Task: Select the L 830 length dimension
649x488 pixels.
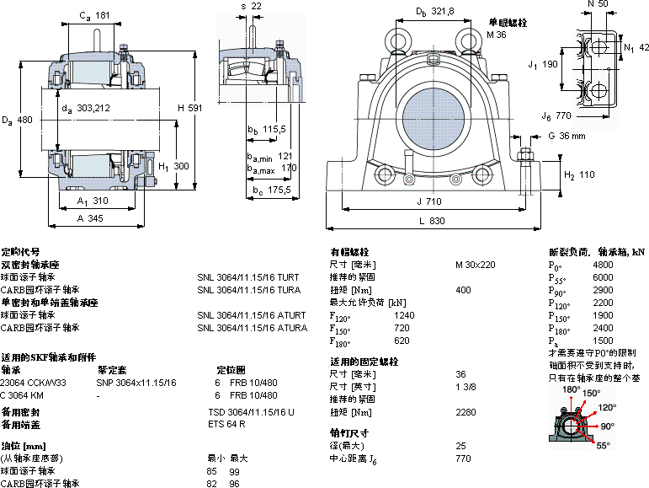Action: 431,221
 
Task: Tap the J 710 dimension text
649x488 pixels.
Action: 429,201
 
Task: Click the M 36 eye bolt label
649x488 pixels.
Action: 497,35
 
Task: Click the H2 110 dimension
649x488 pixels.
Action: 579,175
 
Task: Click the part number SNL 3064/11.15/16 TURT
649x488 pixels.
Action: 247,276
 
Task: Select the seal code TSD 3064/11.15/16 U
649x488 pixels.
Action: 251,412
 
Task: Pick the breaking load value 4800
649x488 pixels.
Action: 603,265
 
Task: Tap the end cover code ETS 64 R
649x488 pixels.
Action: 226,424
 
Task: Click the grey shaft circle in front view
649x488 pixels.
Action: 429,115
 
